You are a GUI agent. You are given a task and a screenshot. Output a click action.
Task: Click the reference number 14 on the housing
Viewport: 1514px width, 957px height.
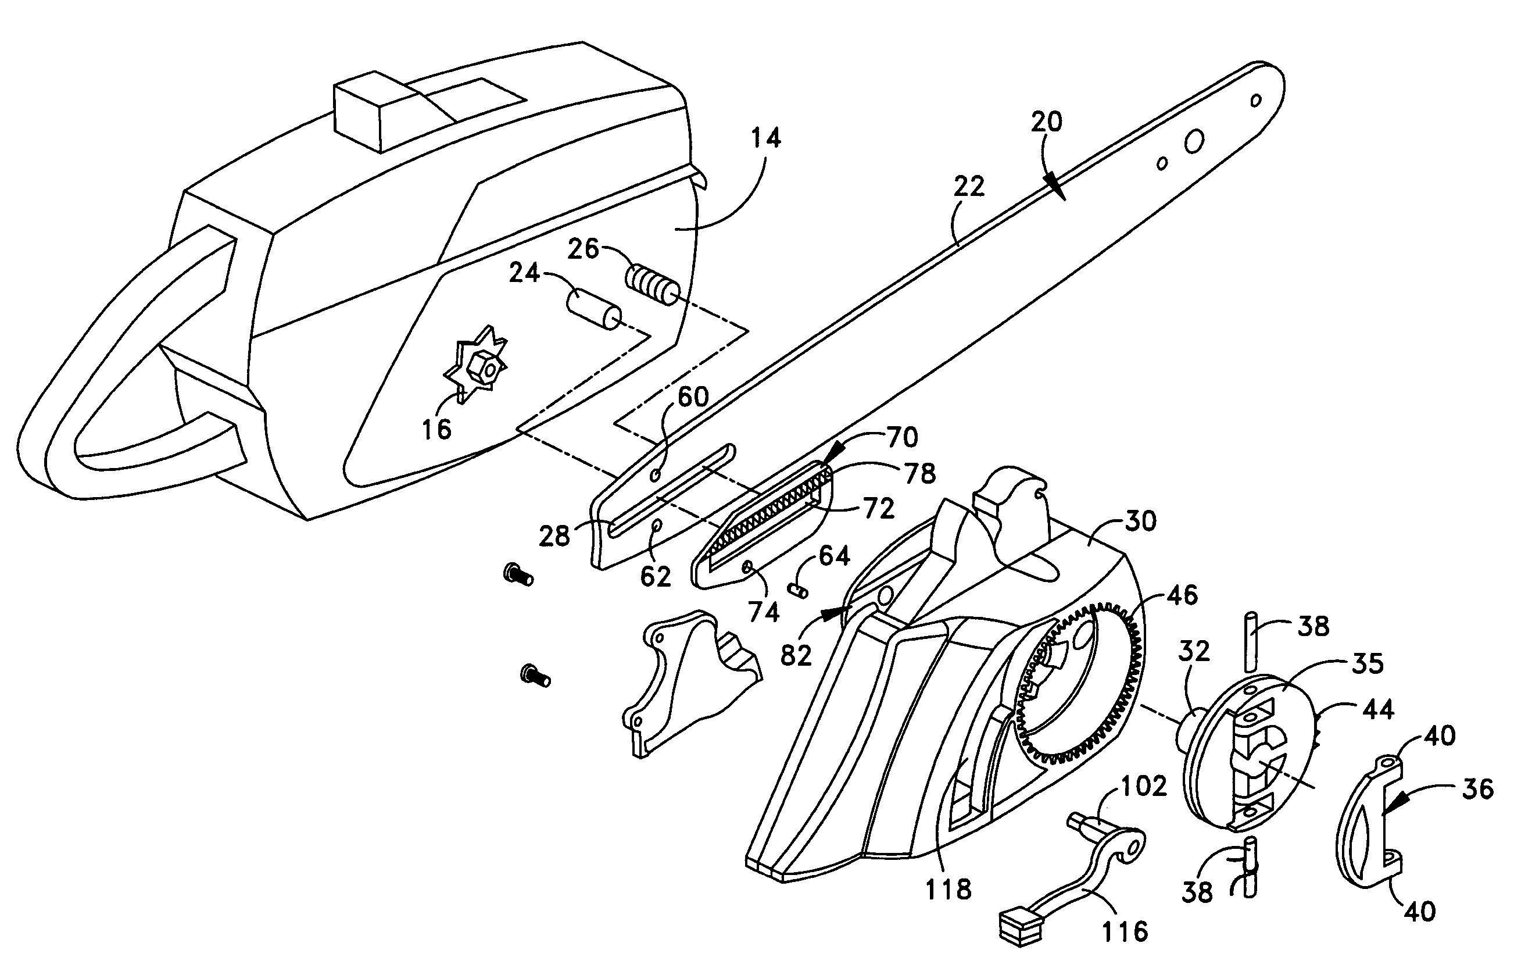(x=765, y=138)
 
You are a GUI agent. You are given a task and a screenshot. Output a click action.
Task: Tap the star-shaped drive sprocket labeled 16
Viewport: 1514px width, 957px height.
(x=475, y=364)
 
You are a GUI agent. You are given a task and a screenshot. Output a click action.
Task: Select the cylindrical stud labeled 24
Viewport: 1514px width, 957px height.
(x=594, y=309)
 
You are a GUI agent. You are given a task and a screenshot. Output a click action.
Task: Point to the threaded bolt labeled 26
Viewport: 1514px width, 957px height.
(x=653, y=285)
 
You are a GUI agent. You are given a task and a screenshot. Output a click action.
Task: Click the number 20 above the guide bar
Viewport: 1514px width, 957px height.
(x=1046, y=122)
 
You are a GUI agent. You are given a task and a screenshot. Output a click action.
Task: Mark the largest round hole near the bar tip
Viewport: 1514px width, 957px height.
(x=1194, y=142)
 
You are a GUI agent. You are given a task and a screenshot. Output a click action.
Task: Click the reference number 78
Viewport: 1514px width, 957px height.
(x=920, y=473)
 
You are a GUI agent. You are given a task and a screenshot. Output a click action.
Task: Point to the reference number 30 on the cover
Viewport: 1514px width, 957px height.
(x=1140, y=522)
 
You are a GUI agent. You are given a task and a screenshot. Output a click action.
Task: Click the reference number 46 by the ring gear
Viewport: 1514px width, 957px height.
(x=1182, y=595)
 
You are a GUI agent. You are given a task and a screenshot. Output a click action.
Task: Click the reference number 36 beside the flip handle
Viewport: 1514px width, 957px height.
(x=1477, y=788)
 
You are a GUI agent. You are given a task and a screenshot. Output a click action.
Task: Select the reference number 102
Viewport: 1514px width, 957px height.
(x=1144, y=785)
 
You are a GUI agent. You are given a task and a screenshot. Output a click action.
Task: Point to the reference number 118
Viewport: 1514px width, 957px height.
(x=948, y=889)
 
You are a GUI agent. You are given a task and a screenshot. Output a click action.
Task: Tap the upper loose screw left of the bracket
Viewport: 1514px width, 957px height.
(x=518, y=574)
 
